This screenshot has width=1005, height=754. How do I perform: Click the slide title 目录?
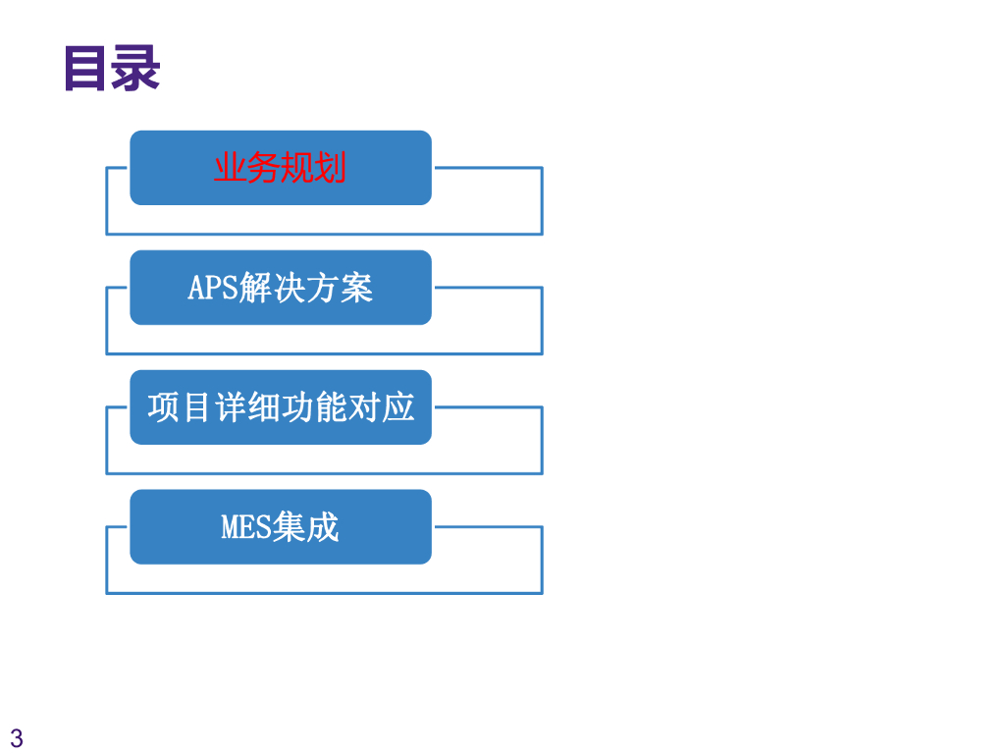coord(111,70)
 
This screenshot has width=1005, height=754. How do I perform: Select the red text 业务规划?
coord(280,168)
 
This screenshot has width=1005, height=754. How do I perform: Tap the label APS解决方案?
coord(280,288)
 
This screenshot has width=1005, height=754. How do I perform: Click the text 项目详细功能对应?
coord(281,407)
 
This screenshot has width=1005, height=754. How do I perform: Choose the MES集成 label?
coord(280,527)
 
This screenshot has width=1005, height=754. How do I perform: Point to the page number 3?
coord(17,738)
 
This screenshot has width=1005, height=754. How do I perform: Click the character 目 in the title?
coord(86,70)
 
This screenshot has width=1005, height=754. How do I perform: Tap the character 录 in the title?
coord(135,70)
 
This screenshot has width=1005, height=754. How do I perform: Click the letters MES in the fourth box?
coord(245,527)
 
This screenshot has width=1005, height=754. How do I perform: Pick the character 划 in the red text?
coord(331,168)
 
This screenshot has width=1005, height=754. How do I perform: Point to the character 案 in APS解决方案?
coord(357,288)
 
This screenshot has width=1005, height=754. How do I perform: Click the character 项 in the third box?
coord(164,407)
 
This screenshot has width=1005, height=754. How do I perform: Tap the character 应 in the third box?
coord(398,407)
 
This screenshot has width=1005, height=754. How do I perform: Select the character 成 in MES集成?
coord(322,527)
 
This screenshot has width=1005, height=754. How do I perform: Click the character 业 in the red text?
coord(230,168)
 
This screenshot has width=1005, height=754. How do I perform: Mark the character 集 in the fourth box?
coord(289,527)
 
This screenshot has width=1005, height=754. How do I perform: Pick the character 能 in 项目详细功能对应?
coord(332,407)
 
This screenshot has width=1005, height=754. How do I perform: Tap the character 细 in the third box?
coord(264,407)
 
